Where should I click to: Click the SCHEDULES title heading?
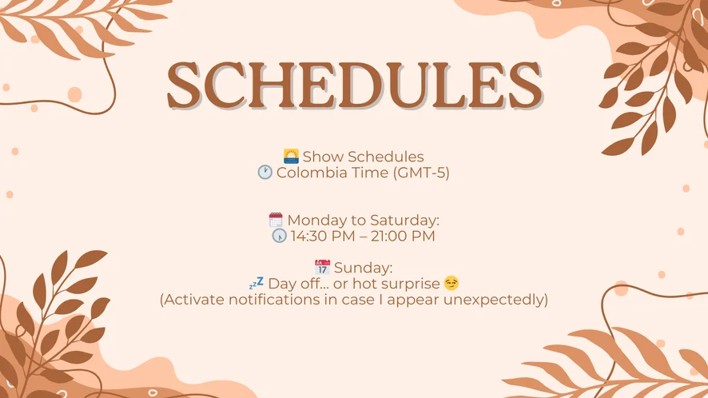click(355, 86)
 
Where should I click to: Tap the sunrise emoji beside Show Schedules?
click(291, 157)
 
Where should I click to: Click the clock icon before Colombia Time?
click(265, 172)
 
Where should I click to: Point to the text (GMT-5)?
click(421, 173)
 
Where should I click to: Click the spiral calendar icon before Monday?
click(276, 220)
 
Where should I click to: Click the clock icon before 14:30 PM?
click(279, 236)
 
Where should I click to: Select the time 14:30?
click(304, 236)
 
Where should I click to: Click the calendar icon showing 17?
click(322, 268)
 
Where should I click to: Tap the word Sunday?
click(364, 268)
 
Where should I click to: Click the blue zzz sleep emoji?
click(256, 284)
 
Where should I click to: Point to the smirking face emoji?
click(451, 283)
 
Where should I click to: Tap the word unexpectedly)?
click(495, 300)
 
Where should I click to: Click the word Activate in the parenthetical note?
click(193, 300)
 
